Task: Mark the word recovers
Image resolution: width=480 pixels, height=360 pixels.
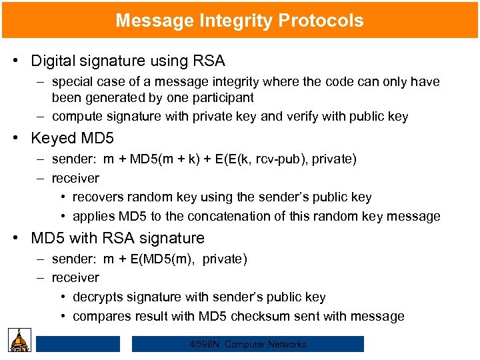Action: tap(98, 197)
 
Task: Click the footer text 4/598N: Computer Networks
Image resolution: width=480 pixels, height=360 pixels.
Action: tap(247, 345)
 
